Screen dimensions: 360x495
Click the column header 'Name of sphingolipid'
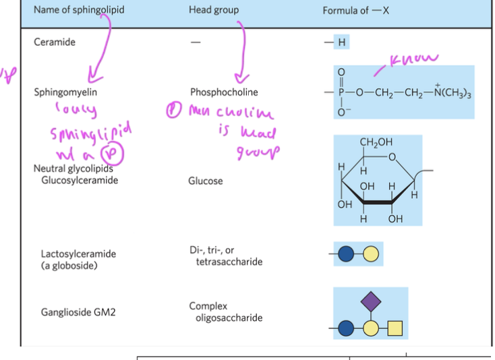click(x=79, y=11)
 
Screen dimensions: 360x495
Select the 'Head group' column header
click(x=213, y=11)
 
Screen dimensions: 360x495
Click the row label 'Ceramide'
click(x=55, y=42)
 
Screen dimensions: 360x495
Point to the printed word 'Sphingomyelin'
click(x=61, y=93)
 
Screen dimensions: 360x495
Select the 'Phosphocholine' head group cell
click(x=223, y=93)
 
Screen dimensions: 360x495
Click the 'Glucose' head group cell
click(x=205, y=181)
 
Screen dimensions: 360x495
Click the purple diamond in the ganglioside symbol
click(x=370, y=301)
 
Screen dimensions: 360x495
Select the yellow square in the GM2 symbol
click(x=395, y=328)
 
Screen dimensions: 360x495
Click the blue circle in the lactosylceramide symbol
click(x=347, y=253)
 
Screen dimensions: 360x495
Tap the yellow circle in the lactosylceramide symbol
click(x=370, y=253)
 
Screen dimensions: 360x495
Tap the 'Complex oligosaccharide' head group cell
click(x=225, y=312)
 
